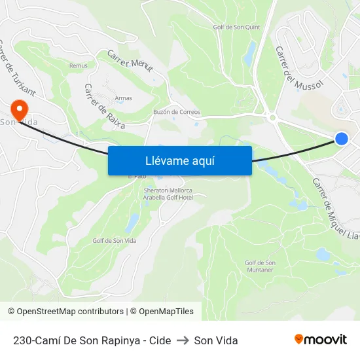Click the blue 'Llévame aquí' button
point(180,160)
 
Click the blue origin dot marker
point(341,138)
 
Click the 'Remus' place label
point(78,65)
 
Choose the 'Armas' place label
point(123,98)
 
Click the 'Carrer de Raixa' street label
point(104,103)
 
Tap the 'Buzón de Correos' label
point(177,112)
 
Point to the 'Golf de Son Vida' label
point(115,241)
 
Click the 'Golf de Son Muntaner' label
point(260,266)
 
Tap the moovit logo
point(321,340)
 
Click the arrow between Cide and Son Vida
point(183,340)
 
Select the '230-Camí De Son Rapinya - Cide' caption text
point(92,340)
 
